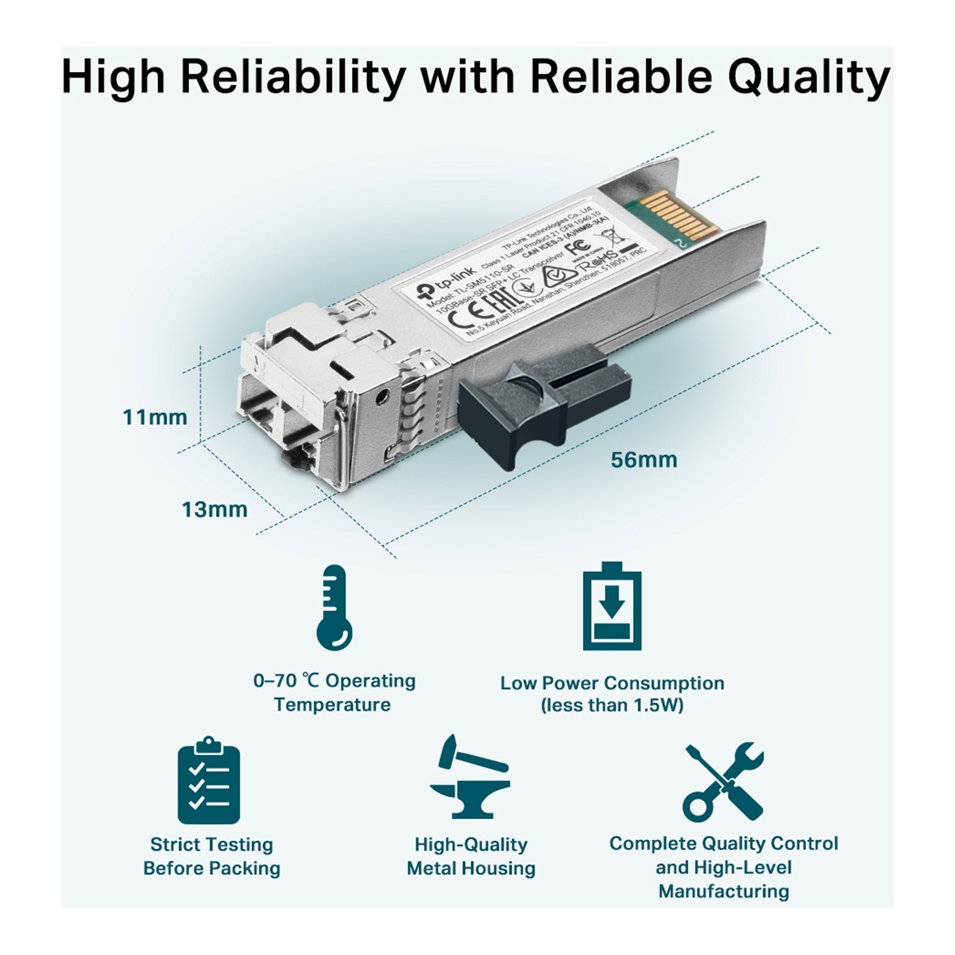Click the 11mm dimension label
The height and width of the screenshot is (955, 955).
point(155,418)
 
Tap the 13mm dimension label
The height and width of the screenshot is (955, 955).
point(215,510)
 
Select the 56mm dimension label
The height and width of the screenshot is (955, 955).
point(644,460)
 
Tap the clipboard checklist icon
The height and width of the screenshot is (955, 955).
point(208,782)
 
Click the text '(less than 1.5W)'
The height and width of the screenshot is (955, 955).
point(612,705)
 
